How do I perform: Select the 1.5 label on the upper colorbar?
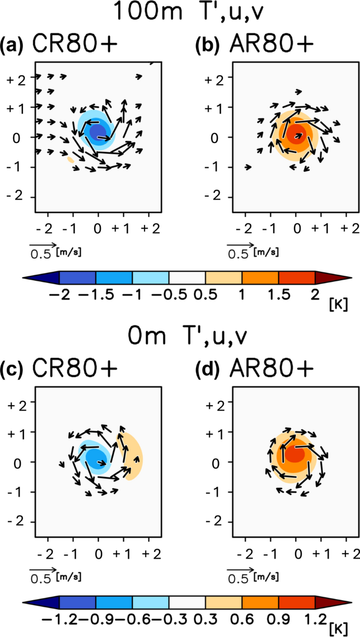[x=278, y=295]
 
